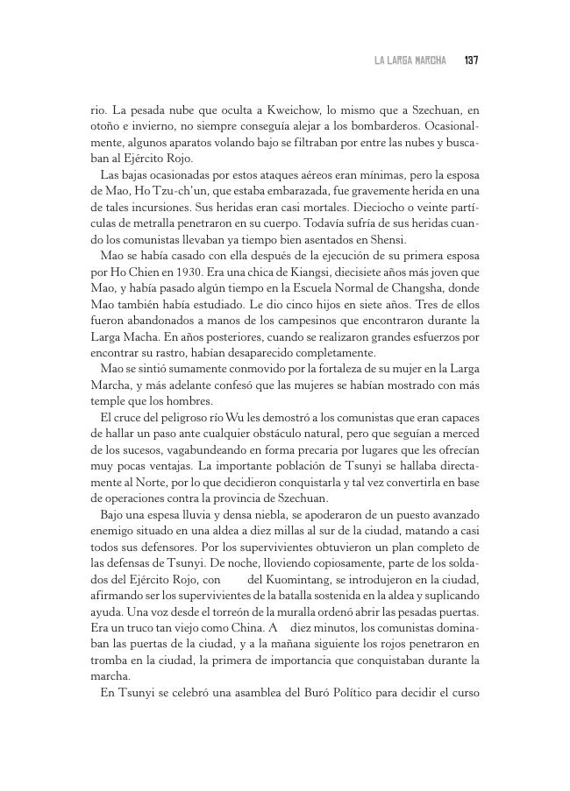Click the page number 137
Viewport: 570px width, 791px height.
pyautogui.click(x=471, y=60)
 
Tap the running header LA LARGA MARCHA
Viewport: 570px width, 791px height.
pyautogui.click(x=410, y=60)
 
